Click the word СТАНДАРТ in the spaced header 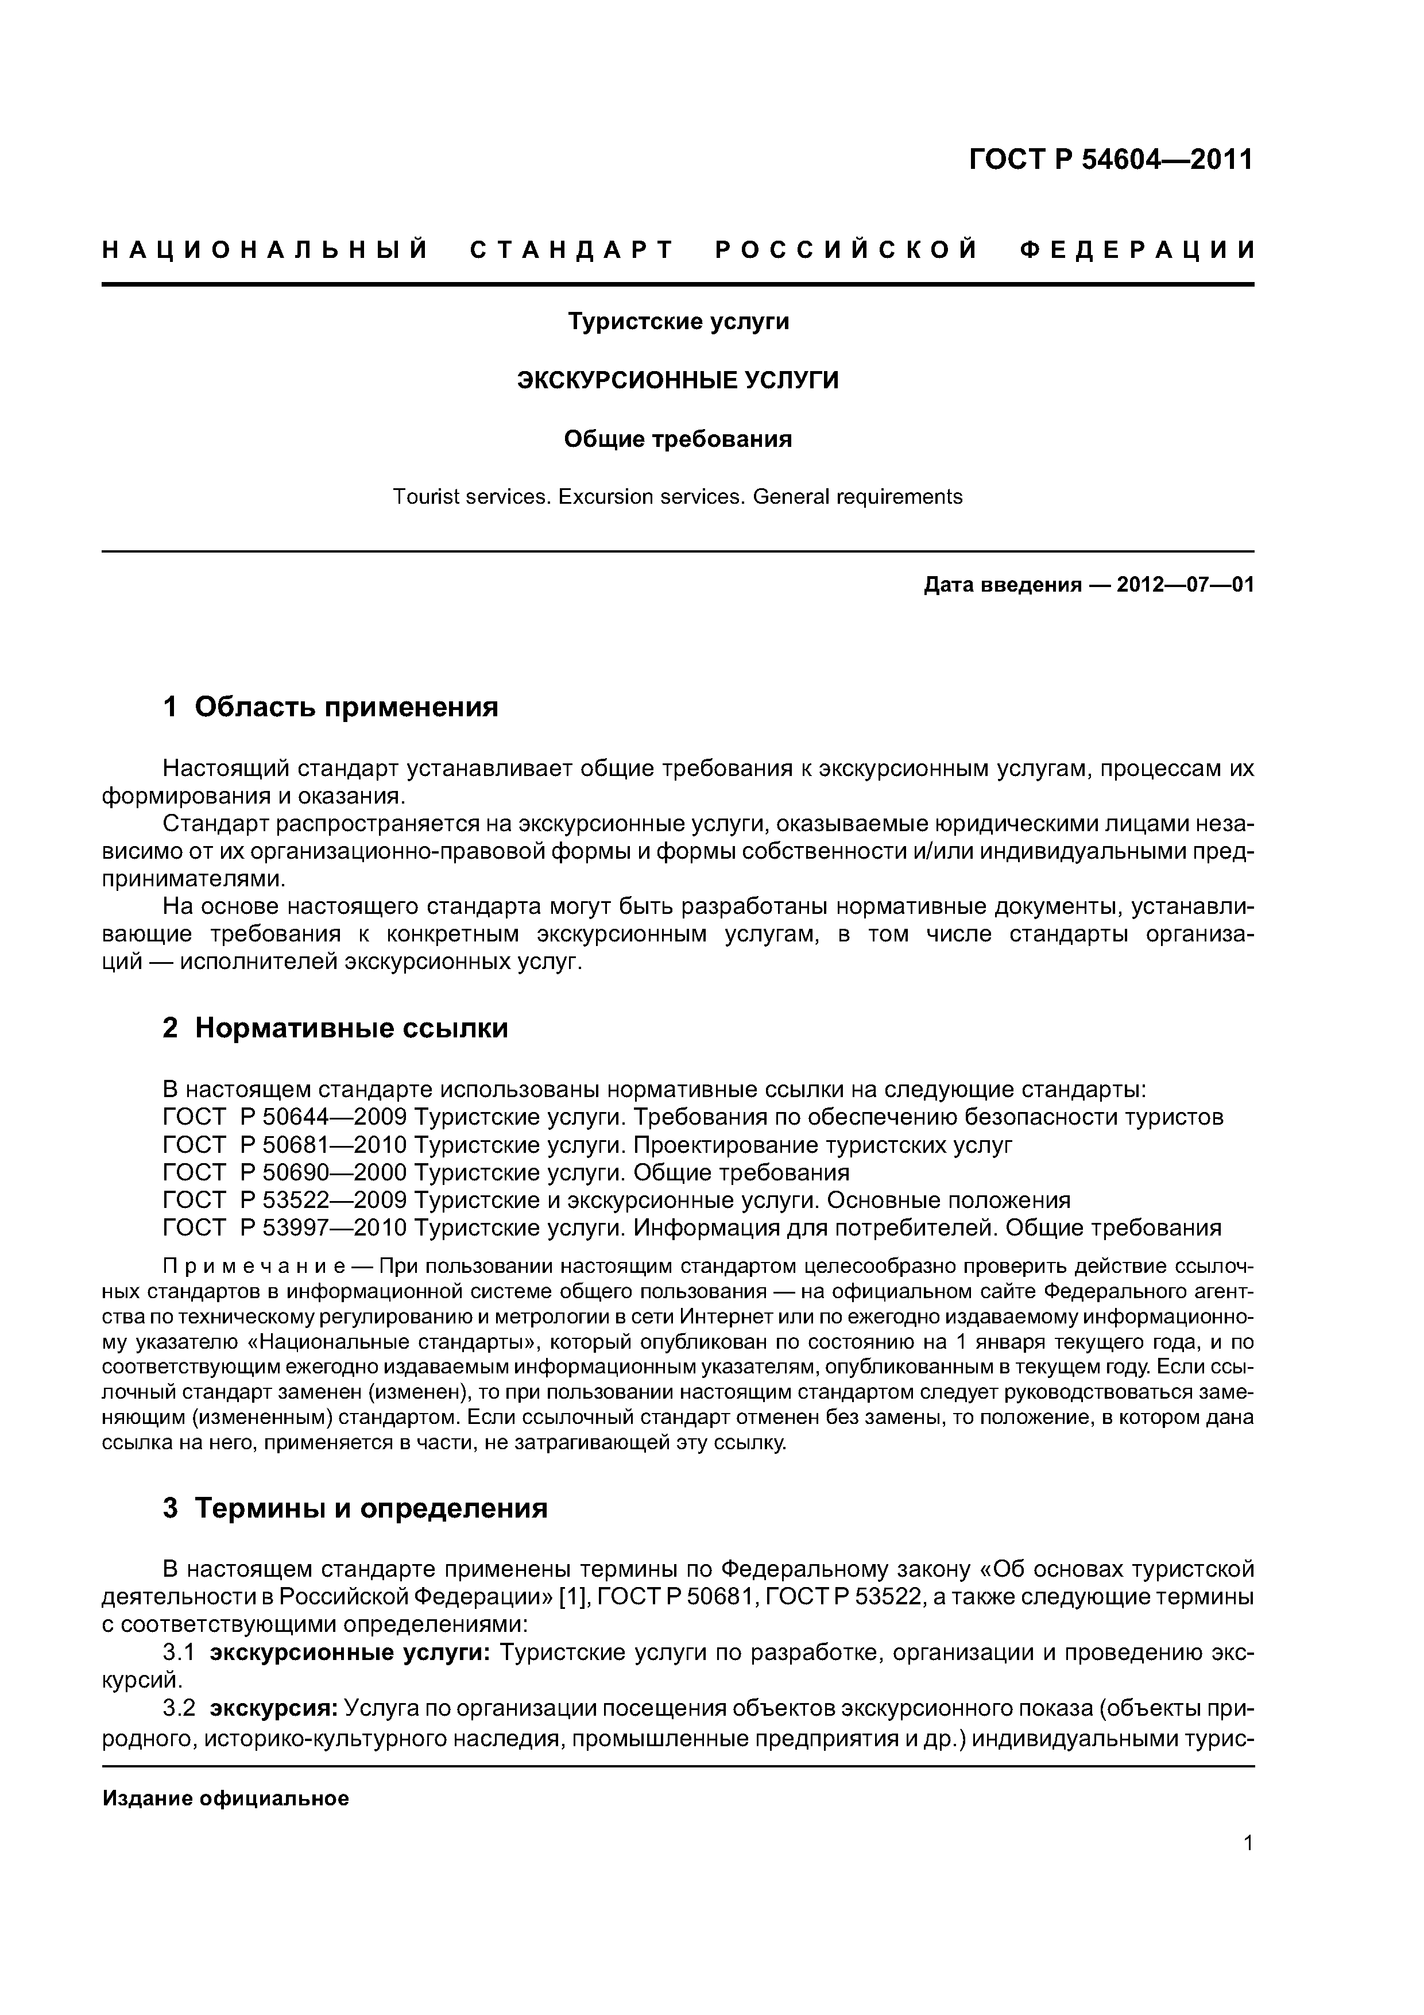click(x=572, y=251)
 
